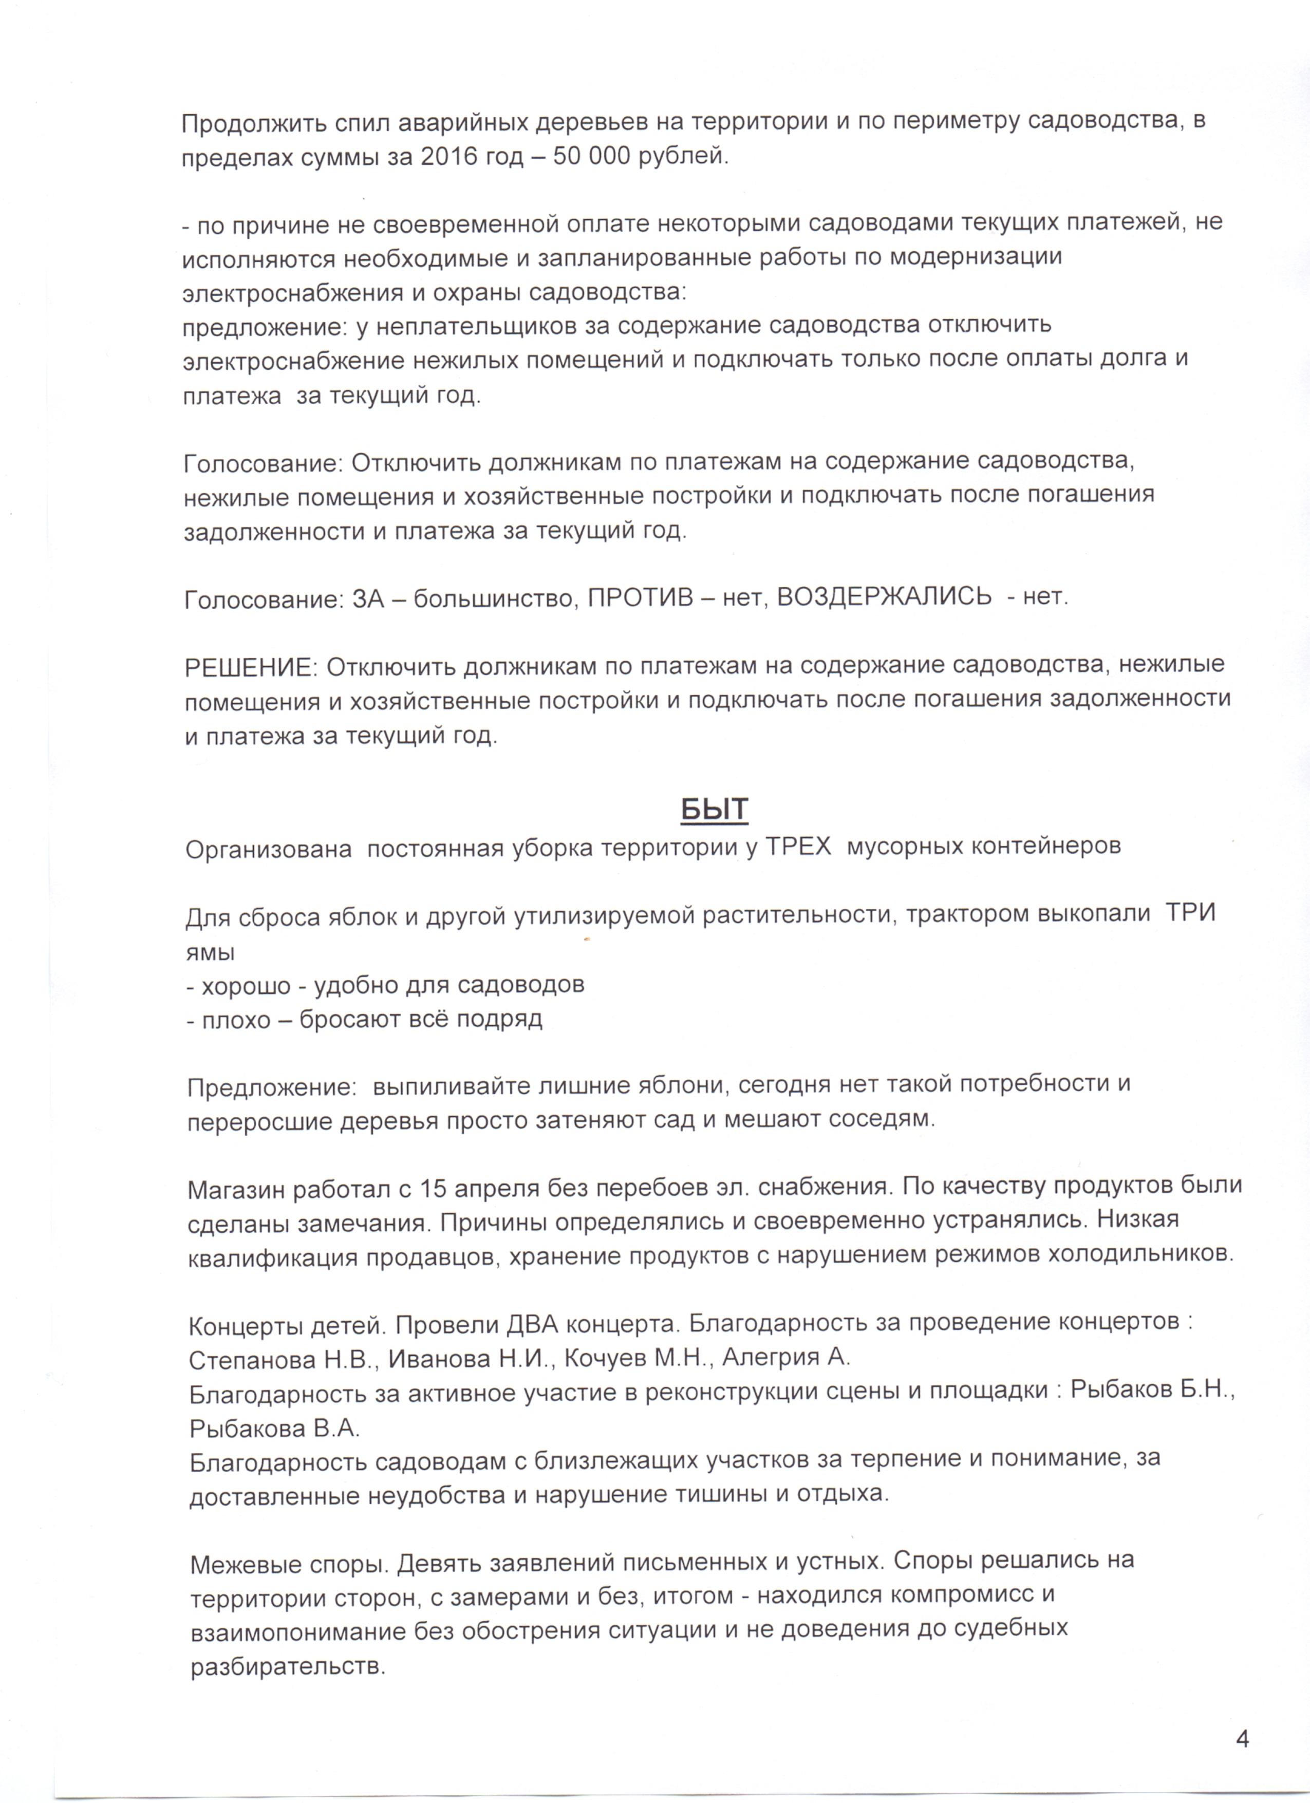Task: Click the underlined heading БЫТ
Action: (715, 809)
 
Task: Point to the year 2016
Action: (452, 157)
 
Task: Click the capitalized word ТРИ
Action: (1190, 913)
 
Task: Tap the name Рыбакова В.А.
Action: (274, 1429)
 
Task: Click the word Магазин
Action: (237, 1189)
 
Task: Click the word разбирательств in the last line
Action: (287, 1667)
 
